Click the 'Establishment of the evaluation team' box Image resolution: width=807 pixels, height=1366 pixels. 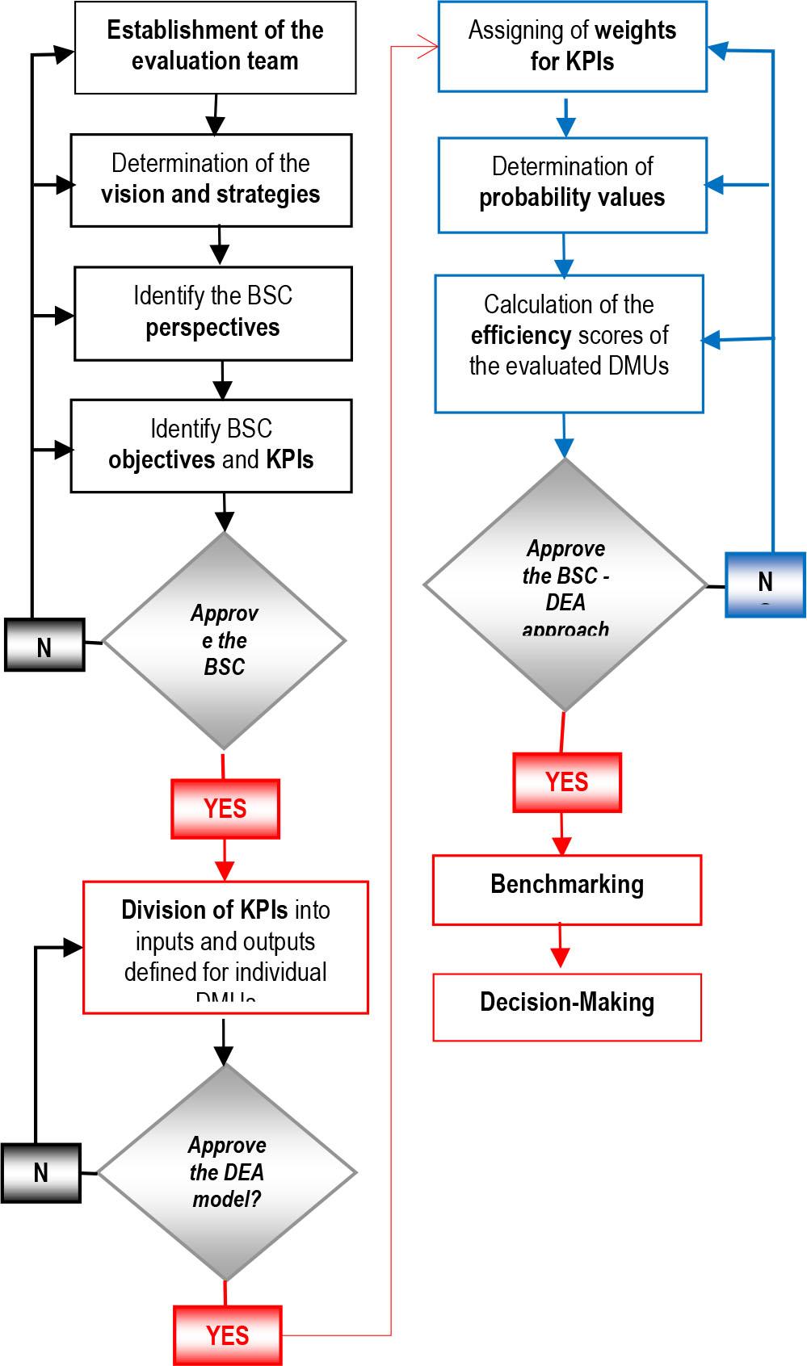tap(215, 47)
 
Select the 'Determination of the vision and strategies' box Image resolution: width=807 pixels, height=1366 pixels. tap(211, 179)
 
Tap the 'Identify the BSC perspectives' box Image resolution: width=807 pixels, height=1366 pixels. tap(213, 312)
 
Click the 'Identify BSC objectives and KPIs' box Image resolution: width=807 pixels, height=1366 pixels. tap(211, 445)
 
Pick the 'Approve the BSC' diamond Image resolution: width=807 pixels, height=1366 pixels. tap(224, 640)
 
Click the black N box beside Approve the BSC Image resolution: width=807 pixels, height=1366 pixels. tap(44, 645)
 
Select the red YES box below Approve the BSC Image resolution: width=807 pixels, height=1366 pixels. tap(225, 808)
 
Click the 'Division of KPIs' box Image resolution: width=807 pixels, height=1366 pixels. tap(225, 947)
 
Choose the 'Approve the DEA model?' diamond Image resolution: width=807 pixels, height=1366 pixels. tap(227, 1171)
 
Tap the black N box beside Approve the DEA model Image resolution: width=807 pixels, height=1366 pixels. tap(40, 1172)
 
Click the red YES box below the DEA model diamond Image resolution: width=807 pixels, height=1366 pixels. tap(228, 1335)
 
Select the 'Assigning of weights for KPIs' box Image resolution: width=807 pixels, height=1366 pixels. tap(572, 46)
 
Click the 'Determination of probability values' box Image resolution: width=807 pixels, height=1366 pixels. tap(572, 185)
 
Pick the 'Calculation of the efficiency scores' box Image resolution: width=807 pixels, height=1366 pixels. tap(569, 343)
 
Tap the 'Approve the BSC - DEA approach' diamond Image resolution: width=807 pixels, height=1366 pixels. tap(565, 585)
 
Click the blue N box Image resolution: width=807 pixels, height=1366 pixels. tap(765, 585)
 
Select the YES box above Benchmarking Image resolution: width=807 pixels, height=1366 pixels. tap(567, 781)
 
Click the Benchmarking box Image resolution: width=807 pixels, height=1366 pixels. tap(567, 890)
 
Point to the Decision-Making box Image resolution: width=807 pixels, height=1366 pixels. tap(567, 1006)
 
